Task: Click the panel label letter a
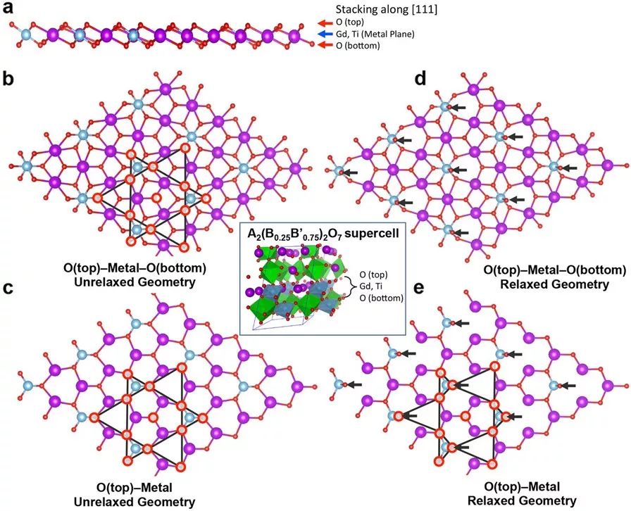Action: point(8,9)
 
